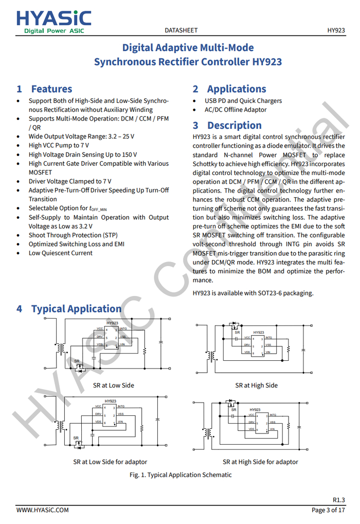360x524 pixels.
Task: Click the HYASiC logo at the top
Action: [x=53, y=22]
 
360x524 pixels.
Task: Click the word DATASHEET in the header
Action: [x=182, y=30]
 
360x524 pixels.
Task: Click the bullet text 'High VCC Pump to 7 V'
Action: [x=59, y=146]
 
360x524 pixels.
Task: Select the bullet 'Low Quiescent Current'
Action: [x=61, y=253]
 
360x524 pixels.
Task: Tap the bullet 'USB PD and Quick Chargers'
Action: [x=243, y=101]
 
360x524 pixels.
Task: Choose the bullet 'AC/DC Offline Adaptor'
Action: [x=236, y=110]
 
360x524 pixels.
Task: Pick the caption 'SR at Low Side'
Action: [x=114, y=386]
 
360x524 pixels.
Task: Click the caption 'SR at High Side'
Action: [x=256, y=386]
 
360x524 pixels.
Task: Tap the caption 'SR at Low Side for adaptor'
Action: [x=110, y=462]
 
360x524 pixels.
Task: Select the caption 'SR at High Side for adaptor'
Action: [x=260, y=462]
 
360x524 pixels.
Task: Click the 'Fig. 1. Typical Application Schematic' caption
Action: [x=181, y=475]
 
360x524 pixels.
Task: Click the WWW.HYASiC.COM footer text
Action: [x=43, y=510]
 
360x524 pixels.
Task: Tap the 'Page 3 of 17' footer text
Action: [x=328, y=510]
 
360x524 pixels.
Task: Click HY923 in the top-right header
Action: [x=336, y=30]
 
